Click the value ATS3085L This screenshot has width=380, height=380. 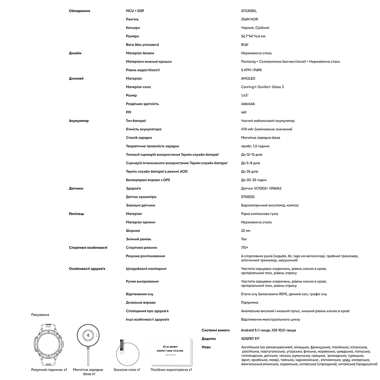[249, 11]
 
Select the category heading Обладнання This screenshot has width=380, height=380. [79, 11]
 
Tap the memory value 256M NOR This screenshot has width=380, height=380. [250, 19]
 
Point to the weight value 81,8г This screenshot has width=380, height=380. [245, 44]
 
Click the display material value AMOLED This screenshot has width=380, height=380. [248, 79]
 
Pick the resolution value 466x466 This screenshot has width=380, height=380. [248, 104]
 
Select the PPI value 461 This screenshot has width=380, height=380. [244, 112]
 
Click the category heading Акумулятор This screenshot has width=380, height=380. [79, 121]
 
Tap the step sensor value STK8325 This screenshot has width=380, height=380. [248, 197]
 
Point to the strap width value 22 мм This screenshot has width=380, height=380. [245, 231]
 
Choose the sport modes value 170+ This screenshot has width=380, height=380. [245, 247]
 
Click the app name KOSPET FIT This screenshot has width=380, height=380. [250, 339]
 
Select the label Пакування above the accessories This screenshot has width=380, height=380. [40, 315]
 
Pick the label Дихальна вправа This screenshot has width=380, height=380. [141, 302]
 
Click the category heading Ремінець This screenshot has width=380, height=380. [77, 214]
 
